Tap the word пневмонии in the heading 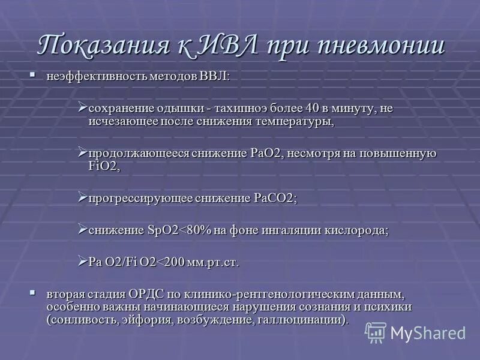pyautogui.click(x=379, y=47)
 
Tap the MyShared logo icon pyautogui.click(x=376, y=332)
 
